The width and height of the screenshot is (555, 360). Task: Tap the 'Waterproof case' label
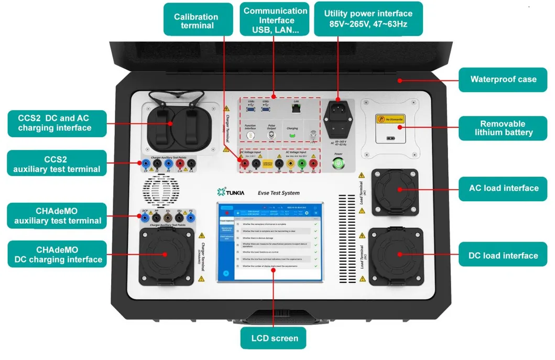click(x=503, y=80)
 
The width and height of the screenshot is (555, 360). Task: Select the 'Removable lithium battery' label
click(x=503, y=128)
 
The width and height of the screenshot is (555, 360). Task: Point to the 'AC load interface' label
click(x=503, y=188)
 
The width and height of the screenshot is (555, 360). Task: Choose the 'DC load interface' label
click(x=503, y=256)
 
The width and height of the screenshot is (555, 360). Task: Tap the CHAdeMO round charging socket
click(x=165, y=254)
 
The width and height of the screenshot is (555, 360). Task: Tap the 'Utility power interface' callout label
click(x=368, y=18)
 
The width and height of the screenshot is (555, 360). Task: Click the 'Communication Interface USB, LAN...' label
click(x=276, y=20)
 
